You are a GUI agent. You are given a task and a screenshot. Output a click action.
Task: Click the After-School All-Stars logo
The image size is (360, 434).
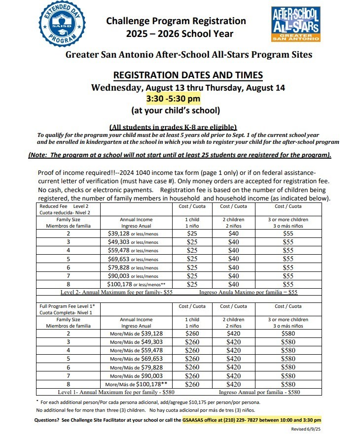pyautogui.click(x=296, y=24)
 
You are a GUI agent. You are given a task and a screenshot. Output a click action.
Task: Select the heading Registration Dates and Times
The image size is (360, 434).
pyautogui.click(x=188, y=75)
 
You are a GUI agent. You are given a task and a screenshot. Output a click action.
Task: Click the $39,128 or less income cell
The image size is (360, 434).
pyautogui.click(x=133, y=233)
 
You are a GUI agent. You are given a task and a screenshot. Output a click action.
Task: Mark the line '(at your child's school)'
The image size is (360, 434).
pyautogui.click(x=175, y=110)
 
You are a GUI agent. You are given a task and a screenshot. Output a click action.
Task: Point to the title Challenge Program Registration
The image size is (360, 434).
pyautogui.click(x=176, y=21)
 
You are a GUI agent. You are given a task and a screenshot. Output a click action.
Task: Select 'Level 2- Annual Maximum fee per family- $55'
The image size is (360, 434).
pyautogui.click(x=116, y=292)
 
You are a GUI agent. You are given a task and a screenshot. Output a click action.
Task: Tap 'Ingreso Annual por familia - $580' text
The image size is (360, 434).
pyautogui.click(x=259, y=393)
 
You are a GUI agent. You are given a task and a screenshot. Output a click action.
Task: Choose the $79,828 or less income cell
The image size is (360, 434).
pyautogui.click(x=133, y=267)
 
